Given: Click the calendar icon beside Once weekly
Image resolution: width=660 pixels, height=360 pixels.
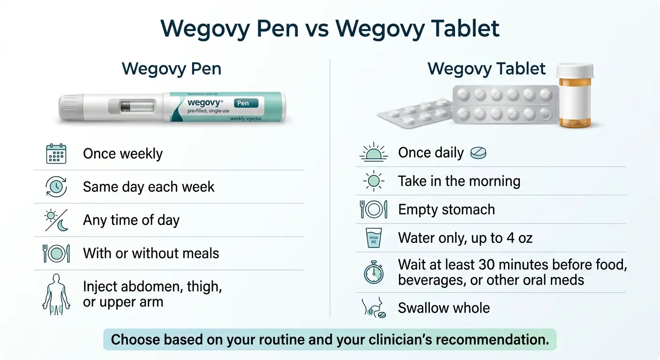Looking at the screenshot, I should click(56, 154).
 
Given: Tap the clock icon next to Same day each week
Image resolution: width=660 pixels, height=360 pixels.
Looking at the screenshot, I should click(56, 187).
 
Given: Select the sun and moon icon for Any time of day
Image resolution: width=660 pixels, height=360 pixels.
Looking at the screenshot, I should click(56, 220).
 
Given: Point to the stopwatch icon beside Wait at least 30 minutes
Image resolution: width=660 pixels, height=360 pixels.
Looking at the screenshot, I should click(374, 272).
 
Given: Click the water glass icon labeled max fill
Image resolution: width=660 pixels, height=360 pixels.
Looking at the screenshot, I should click(374, 238).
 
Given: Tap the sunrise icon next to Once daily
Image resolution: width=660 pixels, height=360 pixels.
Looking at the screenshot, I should click(374, 153).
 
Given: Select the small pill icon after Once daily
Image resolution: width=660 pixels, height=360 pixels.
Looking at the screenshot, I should click(478, 153).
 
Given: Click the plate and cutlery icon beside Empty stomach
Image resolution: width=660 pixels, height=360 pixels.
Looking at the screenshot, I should click(374, 209).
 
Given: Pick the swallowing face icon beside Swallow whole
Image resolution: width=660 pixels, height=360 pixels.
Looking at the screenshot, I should click(374, 308).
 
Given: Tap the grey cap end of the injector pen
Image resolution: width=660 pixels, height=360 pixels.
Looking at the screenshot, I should click(69, 107).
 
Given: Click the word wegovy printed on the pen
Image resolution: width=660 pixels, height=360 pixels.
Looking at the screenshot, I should click(204, 102).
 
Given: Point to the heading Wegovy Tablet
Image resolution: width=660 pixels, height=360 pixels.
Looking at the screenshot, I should click(487, 69).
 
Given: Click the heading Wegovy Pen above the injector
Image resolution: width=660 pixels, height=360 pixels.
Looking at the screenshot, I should click(171, 69).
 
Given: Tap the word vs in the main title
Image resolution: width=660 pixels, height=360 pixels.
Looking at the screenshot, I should click(317, 29).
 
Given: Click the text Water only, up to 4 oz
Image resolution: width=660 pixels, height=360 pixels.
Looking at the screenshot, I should click(465, 238).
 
